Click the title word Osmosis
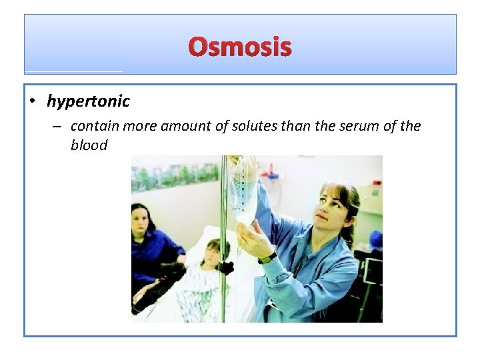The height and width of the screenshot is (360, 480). coord(240,47)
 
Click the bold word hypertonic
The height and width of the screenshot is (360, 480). coord(88,101)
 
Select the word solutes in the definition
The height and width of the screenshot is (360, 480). coord(262,126)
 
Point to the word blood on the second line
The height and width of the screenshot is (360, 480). coord(89,145)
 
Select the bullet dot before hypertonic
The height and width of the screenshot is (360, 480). coord(32,102)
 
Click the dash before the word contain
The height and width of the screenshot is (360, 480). coord(59,127)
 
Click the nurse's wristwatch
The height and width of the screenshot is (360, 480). coord(267,257)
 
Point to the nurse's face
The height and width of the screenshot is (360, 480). coord(332,208)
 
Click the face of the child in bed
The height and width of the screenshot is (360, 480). coord(212,254)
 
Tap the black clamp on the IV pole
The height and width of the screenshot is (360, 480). coord(227,267)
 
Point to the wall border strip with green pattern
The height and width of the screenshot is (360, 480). coord(175,176)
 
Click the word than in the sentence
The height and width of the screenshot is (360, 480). coord(305,126)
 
